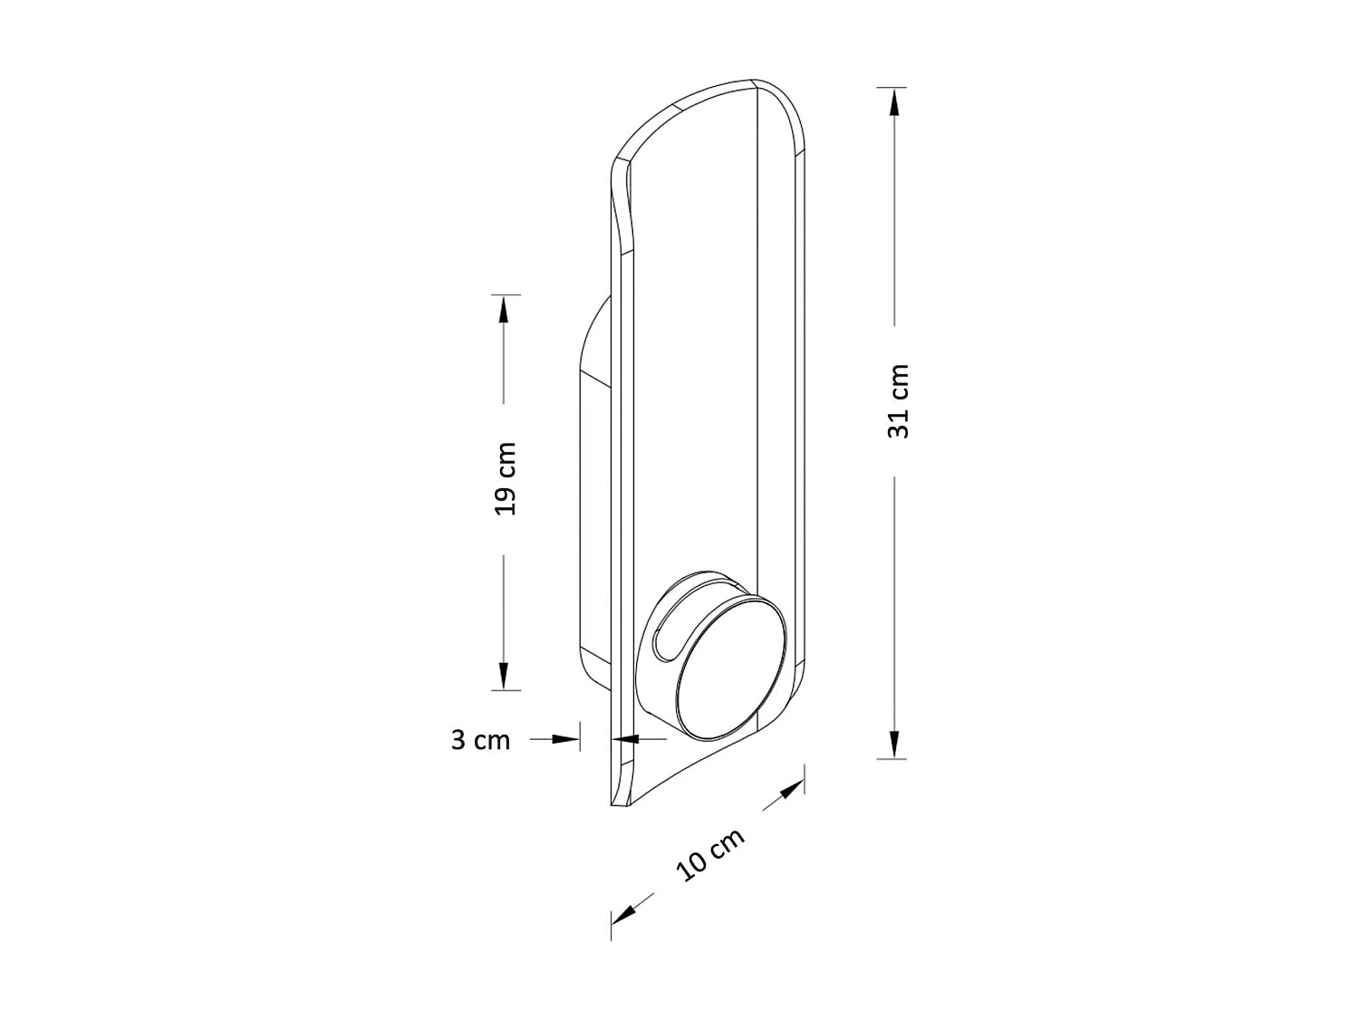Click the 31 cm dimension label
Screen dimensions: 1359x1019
click(898, 401)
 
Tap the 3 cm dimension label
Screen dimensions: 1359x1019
click(480, 740)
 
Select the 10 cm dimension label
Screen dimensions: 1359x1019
click(709, 854)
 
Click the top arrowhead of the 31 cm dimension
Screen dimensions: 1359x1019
click(893, 102)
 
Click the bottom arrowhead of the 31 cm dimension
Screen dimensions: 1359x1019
click(893, 745)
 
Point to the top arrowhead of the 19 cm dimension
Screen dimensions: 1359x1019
click(504, 310)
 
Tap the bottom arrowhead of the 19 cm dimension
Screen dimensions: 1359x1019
click(504, 676)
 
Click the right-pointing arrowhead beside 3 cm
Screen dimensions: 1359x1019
click(565, 739)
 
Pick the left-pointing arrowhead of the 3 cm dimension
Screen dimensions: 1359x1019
click(625, 739)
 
